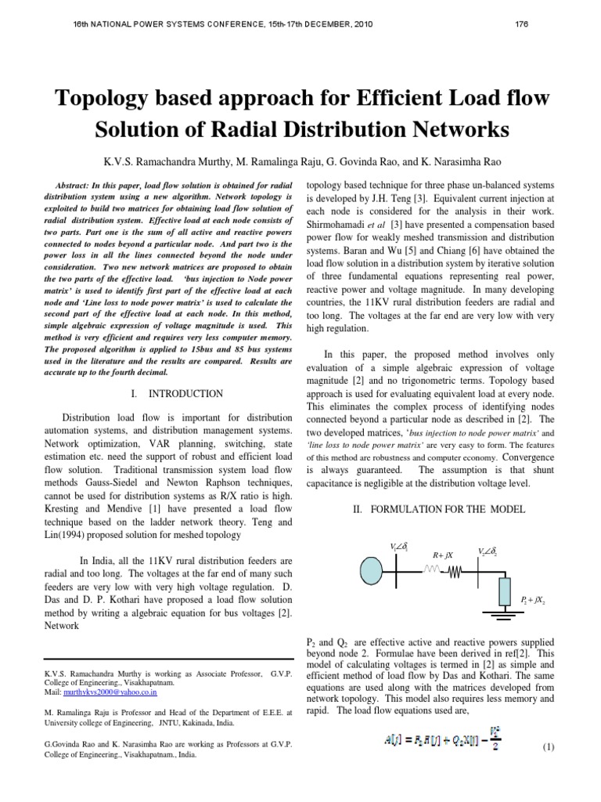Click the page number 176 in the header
(521, 23)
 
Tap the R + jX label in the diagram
(443, 555)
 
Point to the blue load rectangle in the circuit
(504, 593)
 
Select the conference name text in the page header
(207, 23)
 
